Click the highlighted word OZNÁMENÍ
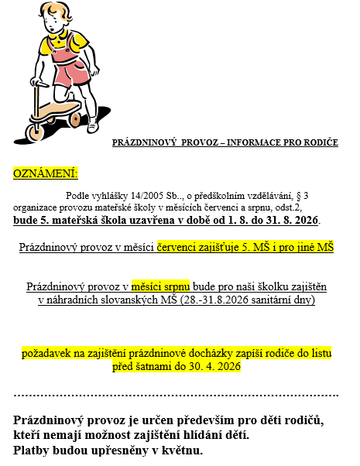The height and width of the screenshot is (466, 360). (x=46, y=173)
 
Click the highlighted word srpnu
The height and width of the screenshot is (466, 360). (x=172, y=286)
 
